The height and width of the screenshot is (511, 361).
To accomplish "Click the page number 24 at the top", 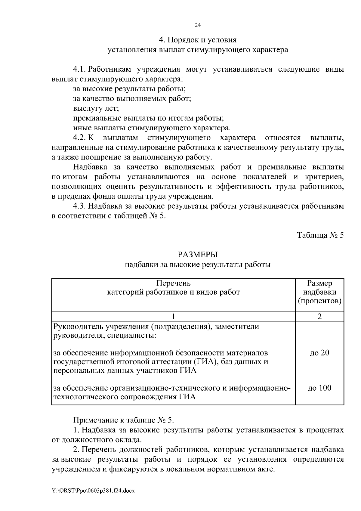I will click(198, 25).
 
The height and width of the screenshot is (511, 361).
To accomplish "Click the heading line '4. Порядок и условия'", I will click(198, 40).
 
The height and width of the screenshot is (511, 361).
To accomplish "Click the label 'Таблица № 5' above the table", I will click(320, 235).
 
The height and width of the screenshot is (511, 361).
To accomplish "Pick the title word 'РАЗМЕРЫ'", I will click(198, 255).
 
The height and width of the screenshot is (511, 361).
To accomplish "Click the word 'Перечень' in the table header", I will click(174, 283).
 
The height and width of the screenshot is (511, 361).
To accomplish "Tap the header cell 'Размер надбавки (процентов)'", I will click(319, 292).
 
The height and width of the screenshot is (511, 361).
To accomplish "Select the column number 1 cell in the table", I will click(173, 317).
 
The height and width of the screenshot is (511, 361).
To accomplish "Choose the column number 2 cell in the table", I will click(319, 317).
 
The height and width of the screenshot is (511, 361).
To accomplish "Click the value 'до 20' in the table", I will click(319, 353).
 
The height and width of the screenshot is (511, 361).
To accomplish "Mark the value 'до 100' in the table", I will click(319, 388).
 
